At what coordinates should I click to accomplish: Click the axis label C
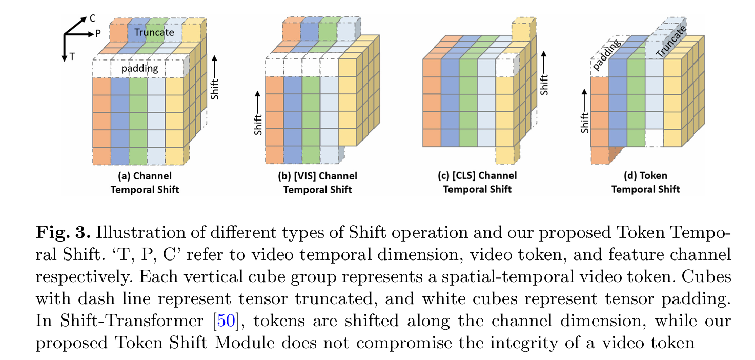pos(92,18)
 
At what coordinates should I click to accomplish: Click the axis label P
pos(97,34)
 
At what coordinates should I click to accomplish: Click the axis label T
pos(72,57)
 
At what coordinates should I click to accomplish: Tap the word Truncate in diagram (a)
pos(154,32)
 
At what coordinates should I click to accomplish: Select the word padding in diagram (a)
pos(139,68)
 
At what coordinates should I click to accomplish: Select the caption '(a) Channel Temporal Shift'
pos(145,183)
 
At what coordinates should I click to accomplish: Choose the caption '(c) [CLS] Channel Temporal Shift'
pos(477,183)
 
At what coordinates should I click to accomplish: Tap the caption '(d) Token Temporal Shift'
pos(645,183)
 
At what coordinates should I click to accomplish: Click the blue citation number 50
pos(227,322)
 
